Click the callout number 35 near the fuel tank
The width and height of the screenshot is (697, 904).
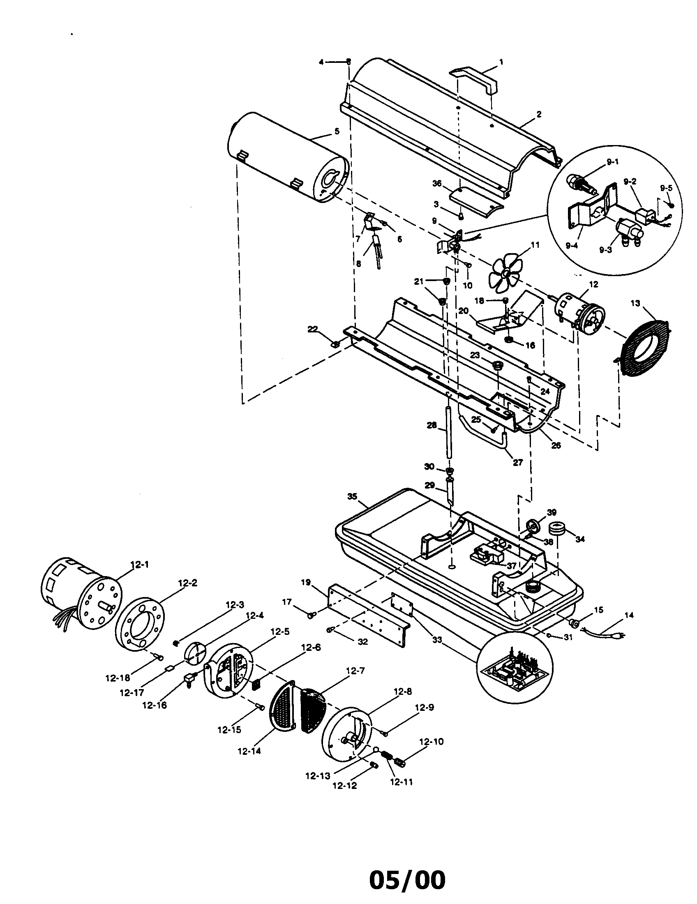click(352, 496)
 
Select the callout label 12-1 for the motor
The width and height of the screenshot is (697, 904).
click(139, 564)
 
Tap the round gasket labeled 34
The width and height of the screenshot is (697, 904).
click(557, 529)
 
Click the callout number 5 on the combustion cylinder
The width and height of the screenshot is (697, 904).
click(337, 131)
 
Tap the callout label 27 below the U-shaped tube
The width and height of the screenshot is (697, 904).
click(518, 462)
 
